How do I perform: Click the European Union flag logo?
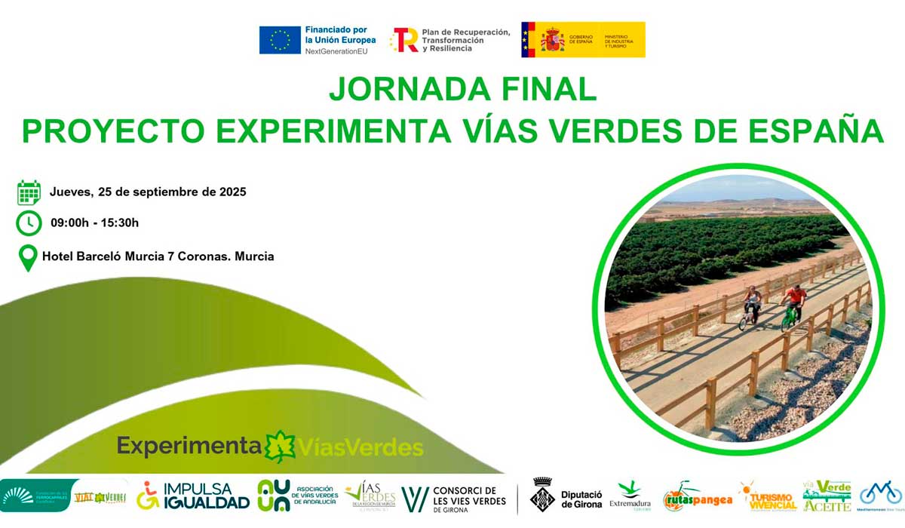pos(280,40)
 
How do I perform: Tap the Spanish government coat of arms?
pos(552,39)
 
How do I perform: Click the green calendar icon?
pos(29,192)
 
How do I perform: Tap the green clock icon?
pos(29,223)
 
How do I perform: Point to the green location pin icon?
pos(28,258)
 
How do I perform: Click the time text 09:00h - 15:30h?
pos(95,223)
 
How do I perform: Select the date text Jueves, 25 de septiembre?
pos(148,192)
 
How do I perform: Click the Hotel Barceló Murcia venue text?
pos(158,256)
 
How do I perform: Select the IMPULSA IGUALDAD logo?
pos(193,496)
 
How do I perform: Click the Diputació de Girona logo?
pos(566,496)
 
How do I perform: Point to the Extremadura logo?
pos(630,496)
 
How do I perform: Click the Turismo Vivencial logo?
pos(768,497)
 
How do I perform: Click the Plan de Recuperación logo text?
pos(450,40)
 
